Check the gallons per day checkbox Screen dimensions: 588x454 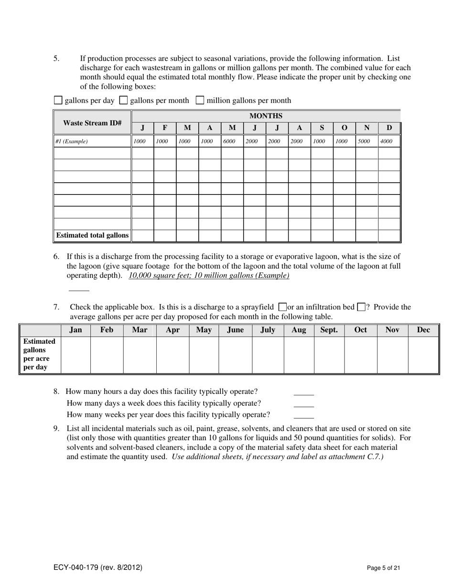tap(58, 100)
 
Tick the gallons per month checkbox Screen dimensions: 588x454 tap(123, 100)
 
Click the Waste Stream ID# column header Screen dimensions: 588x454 tap(92, 123)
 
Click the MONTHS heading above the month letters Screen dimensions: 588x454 tap(266, 116)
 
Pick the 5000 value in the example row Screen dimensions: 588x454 tap(364, 142)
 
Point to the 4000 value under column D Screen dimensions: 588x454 tap(386, 142)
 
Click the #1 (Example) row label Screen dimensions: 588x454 tap(72, 142)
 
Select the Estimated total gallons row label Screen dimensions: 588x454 tap(92, 235)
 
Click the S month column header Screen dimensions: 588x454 tap(322, 128)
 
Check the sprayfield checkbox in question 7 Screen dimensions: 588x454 tap(282, 307)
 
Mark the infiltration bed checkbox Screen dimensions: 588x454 tap(361, 307)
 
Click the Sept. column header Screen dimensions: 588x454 tap(329, 330)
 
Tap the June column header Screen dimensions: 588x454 tap(235, 330)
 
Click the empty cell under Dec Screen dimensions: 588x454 tap(423, 354)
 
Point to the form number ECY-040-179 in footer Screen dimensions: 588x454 tap(97, 568)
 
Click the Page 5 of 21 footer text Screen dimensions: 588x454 tap(383, 568)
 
